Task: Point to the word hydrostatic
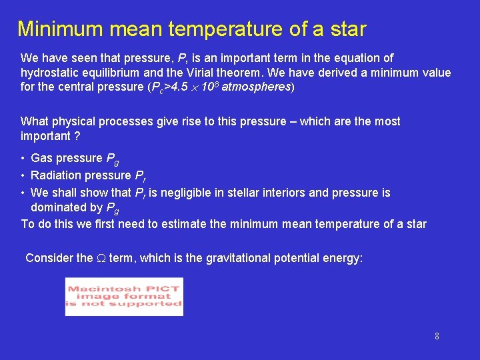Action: point(49,73)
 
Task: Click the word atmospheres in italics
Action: point(256,87)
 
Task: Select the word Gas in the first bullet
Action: point(41,158)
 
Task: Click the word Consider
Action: point(49,258)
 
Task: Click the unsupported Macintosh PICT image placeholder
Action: point(124,297)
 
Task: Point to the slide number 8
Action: point(437,336)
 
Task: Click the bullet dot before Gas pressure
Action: point(23,159)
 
